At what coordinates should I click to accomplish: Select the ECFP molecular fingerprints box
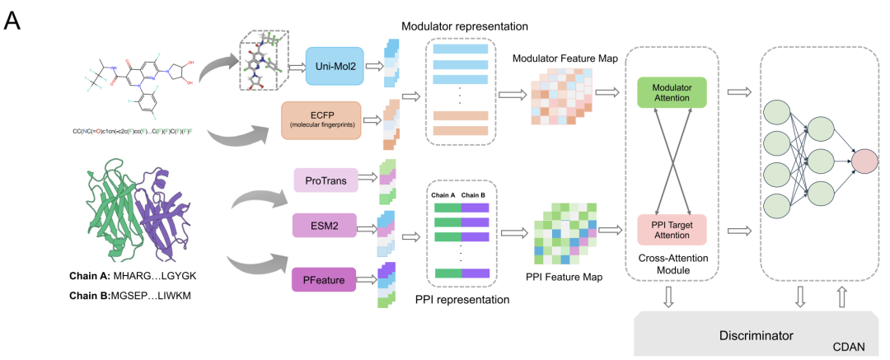tap(321, 120)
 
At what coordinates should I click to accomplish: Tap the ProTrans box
tap(326, 180)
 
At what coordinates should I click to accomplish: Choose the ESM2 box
tap(326, 225)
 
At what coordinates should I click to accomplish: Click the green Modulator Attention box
tap(672, 91)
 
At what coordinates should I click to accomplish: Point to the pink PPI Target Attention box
tap(672, 230)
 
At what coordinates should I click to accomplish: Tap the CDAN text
tap(848, 348)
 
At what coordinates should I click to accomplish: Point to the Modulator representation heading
tap(465, 26)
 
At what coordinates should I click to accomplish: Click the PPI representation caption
tap(461, 300)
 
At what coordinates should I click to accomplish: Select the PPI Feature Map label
tap(564, 277)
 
